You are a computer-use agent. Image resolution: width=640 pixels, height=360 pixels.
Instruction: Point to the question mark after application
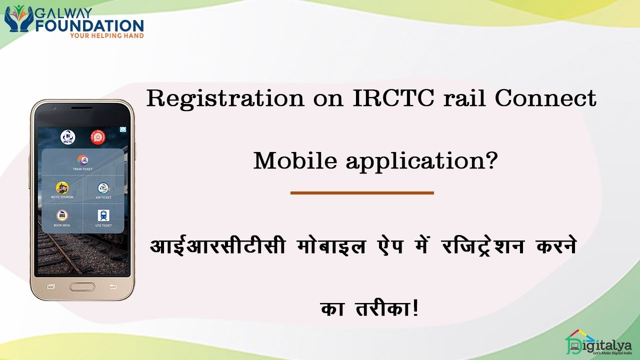tap(492, 161)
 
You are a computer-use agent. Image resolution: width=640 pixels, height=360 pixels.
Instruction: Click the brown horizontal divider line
tap(361, 192)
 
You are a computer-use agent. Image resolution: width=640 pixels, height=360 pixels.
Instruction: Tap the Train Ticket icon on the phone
tap(83, 160)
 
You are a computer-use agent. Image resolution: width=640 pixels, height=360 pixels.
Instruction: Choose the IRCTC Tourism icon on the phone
tap(62, 188)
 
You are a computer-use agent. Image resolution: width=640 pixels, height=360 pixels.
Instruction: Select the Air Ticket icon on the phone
tap(103, 188)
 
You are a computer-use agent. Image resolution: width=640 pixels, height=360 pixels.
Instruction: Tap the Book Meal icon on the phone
tap(62, 216)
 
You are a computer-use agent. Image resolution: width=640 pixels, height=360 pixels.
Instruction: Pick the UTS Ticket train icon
tap(103, 216)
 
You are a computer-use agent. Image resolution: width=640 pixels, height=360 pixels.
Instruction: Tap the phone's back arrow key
tap(113, 286)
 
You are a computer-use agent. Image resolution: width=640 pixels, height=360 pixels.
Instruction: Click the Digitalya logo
tap(598, 343)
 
